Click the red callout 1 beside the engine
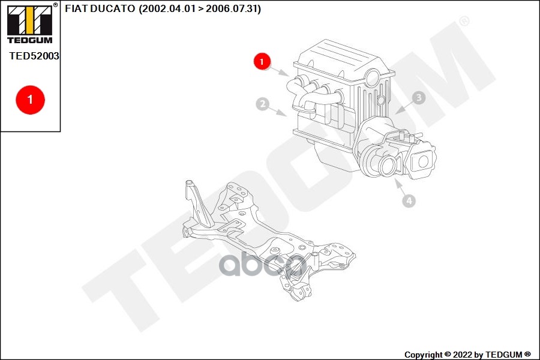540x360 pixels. tap(262, 61)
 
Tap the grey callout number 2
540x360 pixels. tap(262, 104)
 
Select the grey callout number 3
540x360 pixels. tap(419, 98)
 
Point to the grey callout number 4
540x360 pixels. tap(409, 200)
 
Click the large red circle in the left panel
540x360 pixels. tap(31, 100)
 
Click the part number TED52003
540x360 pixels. tap(34, 56)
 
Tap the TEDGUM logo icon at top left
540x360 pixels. tap(30, 23)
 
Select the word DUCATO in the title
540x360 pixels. tap(113, 8)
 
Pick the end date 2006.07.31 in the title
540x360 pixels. tap(232, 8)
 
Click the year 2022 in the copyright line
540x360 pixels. tap(463, 355)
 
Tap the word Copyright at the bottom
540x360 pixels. tap(423, 355)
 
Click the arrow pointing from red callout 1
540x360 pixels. tap(279, 71)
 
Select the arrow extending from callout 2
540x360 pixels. tap(278, 112)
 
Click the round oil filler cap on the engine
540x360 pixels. tap(373, 77)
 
